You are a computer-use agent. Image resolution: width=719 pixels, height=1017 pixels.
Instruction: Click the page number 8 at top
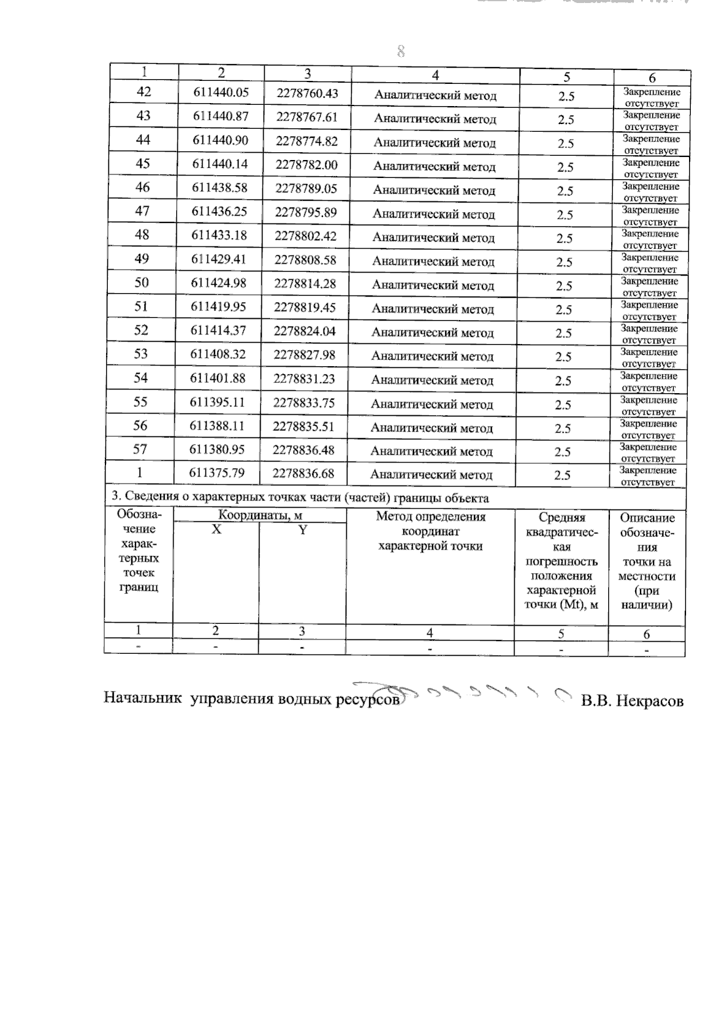[401, 52]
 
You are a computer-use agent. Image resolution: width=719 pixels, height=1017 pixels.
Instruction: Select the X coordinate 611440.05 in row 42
[220, 92]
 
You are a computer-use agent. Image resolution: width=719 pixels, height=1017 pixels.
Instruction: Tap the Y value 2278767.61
[307, 117]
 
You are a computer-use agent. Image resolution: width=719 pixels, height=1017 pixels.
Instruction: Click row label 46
[142, 188]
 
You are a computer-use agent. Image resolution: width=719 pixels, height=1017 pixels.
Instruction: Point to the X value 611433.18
[219, 235]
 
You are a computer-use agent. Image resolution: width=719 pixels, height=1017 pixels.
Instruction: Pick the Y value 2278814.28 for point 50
[305, 283]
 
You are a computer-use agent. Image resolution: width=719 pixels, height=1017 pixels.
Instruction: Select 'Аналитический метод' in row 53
[433, 357]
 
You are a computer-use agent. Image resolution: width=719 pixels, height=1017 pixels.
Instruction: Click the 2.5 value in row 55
[563, 405]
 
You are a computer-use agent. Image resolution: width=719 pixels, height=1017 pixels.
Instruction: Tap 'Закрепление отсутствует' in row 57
[648, 452]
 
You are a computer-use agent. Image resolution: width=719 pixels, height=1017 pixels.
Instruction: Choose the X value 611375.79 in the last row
[217, 473]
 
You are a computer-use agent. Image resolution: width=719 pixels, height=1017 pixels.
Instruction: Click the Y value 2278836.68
[303, 473]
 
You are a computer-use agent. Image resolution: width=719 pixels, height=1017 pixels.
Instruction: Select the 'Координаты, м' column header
[259, 515]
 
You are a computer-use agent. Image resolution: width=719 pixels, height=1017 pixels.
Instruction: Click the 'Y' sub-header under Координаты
[303, 530]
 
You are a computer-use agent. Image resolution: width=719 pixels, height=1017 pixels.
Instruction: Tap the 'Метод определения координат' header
[430, 531]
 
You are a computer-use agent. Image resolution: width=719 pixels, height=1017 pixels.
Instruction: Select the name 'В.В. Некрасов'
[632, 701]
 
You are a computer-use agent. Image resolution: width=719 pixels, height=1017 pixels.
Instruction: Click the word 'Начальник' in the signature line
[143, 698]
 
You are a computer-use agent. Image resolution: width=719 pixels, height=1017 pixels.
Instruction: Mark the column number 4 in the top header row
[435, 76]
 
